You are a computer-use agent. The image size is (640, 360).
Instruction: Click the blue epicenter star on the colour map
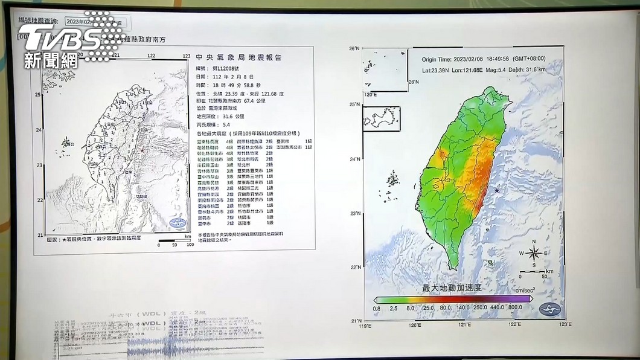497,191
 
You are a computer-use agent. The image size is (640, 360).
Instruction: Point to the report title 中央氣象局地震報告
239,58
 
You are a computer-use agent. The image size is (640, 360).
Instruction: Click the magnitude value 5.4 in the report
226,125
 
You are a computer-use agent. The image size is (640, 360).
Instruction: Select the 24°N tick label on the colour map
356,159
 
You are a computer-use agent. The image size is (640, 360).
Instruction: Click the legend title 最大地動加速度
452,288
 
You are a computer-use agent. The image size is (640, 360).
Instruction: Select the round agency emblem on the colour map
549,310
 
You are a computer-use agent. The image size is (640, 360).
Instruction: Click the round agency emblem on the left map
178,223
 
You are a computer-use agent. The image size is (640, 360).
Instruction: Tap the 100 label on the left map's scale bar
190,245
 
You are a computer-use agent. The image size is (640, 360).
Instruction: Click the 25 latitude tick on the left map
38,95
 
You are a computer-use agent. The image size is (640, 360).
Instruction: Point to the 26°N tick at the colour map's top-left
355,48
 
